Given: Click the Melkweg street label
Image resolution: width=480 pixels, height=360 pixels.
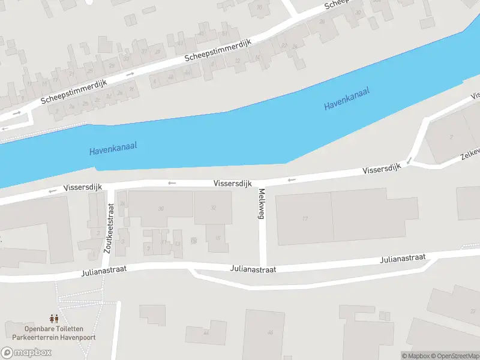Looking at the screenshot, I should (x=262, y=204).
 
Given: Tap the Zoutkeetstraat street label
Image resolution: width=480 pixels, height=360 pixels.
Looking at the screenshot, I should (x=109, y=228).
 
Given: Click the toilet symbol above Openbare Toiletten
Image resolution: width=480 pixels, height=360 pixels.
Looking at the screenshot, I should (x=53, y=319).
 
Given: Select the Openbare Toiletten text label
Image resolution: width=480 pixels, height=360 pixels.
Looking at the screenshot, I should (x=53, y=329).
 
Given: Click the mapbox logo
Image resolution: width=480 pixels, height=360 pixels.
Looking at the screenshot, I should (x=26, y=352).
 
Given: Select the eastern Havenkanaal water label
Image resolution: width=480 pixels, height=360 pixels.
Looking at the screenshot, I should (x=346, y=98).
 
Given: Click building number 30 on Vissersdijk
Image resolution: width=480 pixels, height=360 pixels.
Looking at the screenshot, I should (x=160, y=209).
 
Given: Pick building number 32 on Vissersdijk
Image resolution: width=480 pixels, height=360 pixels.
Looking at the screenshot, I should (x=213, y=208).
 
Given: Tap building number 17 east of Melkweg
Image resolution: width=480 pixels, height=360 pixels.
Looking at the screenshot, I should (x=305, y=219).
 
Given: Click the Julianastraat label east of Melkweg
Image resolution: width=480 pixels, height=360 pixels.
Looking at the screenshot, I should (x=403, y=259).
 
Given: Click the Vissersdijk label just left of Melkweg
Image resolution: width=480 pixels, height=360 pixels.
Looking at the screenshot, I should (x=232, y=183).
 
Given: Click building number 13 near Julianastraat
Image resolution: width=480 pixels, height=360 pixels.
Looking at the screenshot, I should (x=177, y=244).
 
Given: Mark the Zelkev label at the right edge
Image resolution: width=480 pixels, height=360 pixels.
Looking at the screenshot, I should (x=470, y=153).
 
